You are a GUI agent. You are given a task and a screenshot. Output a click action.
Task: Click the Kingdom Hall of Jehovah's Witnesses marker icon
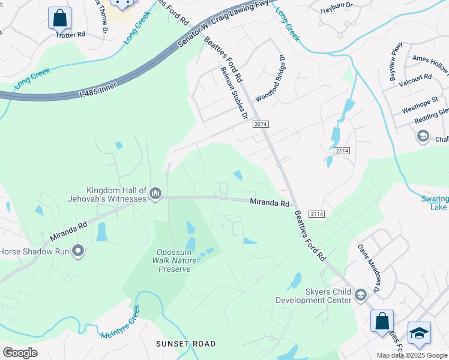pyautogui.click(x=156, y=193)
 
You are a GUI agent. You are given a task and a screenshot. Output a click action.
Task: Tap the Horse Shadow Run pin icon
pyautogui.click(x=78, y=251)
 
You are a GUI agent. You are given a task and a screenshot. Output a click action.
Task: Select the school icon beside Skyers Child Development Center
pyautogui.click(x=361, y=295)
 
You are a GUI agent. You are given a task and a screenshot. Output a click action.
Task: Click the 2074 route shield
pyautogui.click(x=261, y=124)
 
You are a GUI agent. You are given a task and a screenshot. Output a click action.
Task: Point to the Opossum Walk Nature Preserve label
pyautogui.click(x=175, y=261)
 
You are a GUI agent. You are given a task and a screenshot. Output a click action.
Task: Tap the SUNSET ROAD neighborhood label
pyautogui.click(x=185, y=344)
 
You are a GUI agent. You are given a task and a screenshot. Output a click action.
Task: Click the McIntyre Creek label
pyautogui.click(x=120, y=324)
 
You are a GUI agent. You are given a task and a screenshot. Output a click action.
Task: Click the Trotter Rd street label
pyautogui.click(x=71, y=35)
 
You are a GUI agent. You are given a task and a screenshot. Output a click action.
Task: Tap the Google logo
pyautogui.click(x=20, y=352)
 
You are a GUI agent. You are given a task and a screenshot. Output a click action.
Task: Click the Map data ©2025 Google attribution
pyautogui.click(x=412, y=355)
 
